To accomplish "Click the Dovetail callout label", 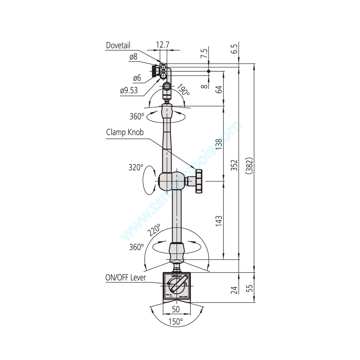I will (x=118, y=45).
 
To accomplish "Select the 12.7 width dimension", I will (x=163, y=45).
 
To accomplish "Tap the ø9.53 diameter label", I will (x=129, y=91).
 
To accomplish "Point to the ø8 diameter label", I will (x=133, y=57).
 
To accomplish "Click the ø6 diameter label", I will (x=137, y=78).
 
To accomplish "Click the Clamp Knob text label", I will (x=125, y=132).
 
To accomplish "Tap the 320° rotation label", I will (x=136, y=167).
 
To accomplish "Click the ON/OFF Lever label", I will (x=126, y=277).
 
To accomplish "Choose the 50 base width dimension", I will (x=176, y=309).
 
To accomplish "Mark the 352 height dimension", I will (x=234, y=165).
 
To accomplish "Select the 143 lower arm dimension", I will (x=219, y=221).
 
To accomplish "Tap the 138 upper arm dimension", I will (x=219, y=144).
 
